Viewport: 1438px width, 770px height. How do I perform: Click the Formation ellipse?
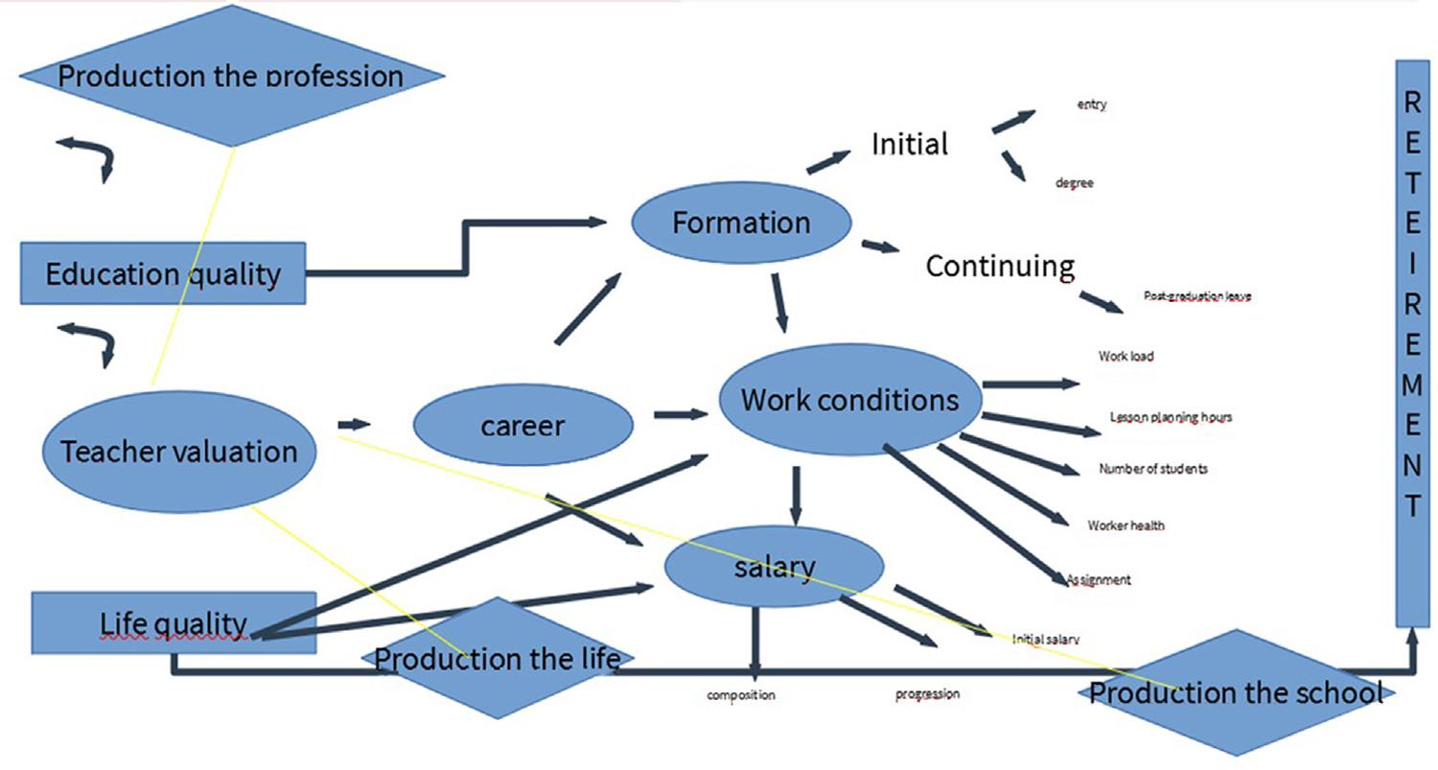741,222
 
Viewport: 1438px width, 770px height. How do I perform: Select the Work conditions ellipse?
849,399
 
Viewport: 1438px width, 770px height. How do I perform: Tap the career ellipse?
522,425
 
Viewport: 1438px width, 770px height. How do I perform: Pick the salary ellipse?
774,567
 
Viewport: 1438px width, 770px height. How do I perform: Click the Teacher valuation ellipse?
179,451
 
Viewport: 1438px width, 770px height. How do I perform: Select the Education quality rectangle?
163,274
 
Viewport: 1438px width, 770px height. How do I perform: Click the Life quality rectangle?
174,623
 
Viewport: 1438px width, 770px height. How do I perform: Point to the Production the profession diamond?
231,76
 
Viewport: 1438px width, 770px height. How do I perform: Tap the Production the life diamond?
498,659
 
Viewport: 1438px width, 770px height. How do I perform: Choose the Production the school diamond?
1236,691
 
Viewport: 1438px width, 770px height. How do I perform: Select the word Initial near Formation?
910,144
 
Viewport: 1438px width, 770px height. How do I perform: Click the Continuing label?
1000,265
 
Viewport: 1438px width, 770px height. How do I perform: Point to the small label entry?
1092,105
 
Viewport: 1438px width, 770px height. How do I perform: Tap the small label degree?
1075,183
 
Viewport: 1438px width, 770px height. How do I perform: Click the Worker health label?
1126,525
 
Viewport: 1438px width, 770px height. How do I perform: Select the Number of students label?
1153,469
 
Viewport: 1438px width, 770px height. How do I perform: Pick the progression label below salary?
927,694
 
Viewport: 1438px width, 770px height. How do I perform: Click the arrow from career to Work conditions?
680,415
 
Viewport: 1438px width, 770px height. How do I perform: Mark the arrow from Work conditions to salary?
796,496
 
